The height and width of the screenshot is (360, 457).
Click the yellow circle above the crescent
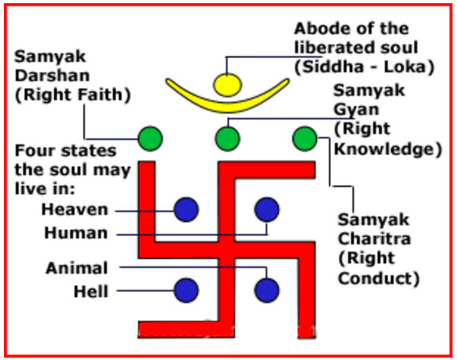(227, 85)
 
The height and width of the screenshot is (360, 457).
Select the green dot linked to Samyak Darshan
(150, 139)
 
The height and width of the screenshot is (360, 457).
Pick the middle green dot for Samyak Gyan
(227, 139)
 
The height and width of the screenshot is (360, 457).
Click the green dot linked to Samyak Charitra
(305, 139)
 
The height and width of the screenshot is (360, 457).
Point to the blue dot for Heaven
(187, 209)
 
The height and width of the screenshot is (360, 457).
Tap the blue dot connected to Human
(266, 209)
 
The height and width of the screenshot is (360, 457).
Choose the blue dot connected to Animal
(266, 290)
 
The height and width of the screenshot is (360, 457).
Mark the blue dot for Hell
(187, 290)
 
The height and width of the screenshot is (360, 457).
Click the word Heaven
(75, 209)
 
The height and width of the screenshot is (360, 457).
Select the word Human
(76, 233)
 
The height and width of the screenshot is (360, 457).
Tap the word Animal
(77, 268)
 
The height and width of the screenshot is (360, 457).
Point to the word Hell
(91, 291)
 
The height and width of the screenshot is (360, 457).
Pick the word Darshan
(52, 76)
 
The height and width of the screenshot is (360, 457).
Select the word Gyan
(357, 110)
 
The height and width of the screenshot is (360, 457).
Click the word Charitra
(375, 239)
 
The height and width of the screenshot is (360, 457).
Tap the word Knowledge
(385, 149)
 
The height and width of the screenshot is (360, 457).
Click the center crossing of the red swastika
(227, 250)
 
